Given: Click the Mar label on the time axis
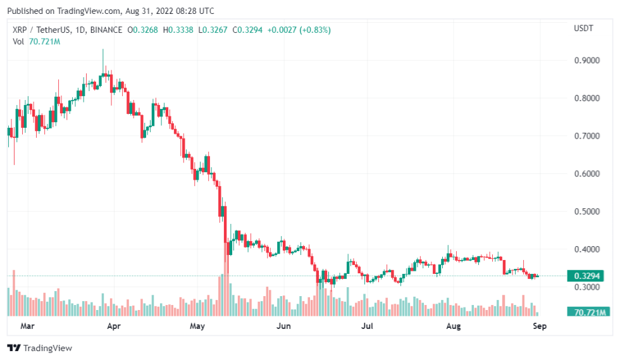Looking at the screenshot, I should click(27, 327).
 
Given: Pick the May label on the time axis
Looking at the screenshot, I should click(198, 327).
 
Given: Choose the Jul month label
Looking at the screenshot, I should click(366, 327).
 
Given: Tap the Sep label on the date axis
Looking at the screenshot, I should click(539, 327).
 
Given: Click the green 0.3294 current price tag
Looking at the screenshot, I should click(586, 276).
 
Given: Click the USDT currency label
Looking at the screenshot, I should click(583, 29).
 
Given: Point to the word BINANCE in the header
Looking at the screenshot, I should click(106, 30).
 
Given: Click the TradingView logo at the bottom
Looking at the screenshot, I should click(39, 348).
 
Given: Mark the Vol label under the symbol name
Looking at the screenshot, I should click(18, 42).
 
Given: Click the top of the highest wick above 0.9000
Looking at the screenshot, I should click(103, 49).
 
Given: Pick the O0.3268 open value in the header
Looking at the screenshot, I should click(143, 30).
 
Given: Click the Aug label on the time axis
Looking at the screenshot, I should click(453, 327).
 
